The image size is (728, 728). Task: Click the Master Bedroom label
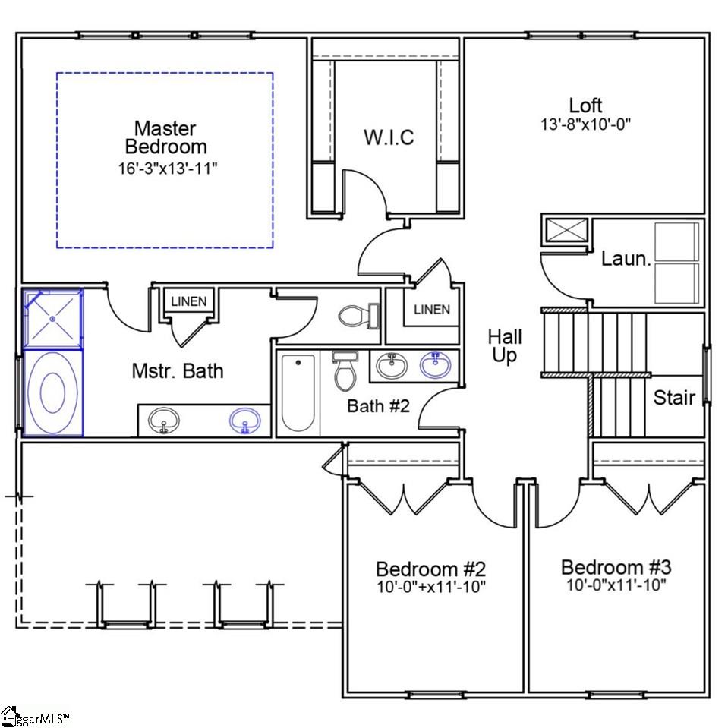click(165, 137)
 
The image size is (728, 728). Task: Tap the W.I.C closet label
click(389, 137)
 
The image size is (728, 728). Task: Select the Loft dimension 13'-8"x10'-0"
click(585, 124)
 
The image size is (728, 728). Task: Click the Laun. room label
click(626, 259)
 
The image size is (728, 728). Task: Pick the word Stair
click(675, 397)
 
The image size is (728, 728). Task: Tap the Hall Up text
click(505, 345)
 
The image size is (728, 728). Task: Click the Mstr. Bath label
click(178, 371)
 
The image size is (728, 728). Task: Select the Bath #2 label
click(378, 406)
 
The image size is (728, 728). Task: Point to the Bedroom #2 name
click(430, 569)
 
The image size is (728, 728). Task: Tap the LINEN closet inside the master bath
click(188, 301)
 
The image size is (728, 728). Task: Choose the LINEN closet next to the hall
click(431, 310)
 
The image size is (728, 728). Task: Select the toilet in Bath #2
click(342, 370)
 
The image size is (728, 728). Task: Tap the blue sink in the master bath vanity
click(244, 420)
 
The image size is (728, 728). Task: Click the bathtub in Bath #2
click(297, 393)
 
